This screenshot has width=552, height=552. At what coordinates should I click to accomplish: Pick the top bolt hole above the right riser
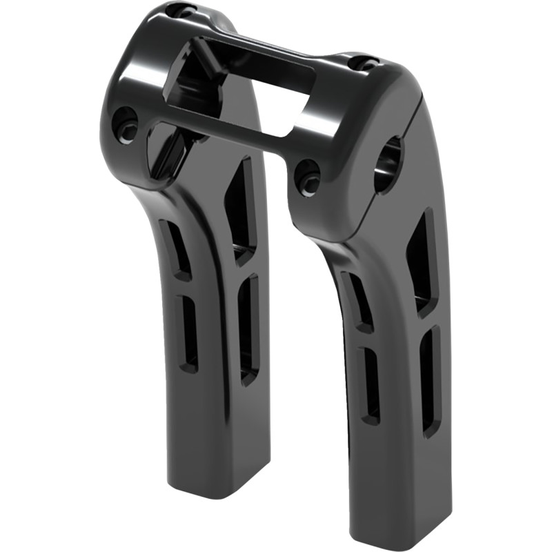[364, 63]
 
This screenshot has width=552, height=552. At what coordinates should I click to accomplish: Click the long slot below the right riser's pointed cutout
[429, 379]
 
